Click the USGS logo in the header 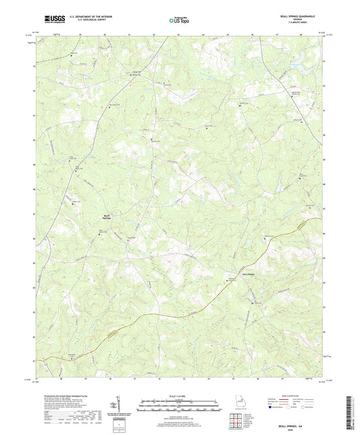(x=50, y=19)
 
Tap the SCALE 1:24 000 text (x=180, y=395)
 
